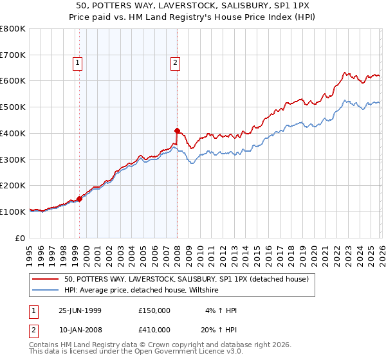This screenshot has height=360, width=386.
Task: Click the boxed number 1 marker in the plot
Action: tap(77, 63)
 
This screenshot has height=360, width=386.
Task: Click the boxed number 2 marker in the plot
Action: tap(175, 63)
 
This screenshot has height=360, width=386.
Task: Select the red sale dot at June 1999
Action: tap(80, 199)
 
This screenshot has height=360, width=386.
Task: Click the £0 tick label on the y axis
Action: tap(21, 238)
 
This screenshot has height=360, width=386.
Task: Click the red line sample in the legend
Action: tap(46, 279)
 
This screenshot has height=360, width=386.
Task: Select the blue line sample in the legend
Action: tap(46, 290)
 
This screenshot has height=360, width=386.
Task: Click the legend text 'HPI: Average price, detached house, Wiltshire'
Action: tap(142, 290)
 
